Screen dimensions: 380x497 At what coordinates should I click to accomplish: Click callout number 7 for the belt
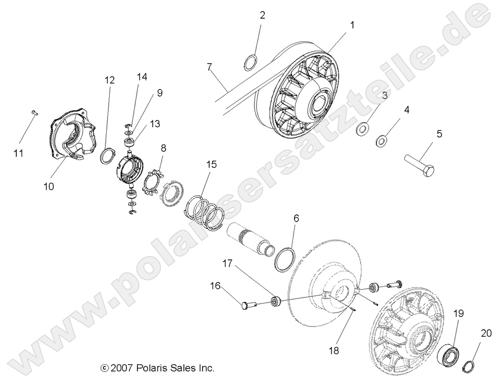tap(209, 67)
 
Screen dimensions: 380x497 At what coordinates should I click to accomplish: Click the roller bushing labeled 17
tap(275, 301)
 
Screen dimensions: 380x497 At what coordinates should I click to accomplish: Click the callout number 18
tap(333, 350)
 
